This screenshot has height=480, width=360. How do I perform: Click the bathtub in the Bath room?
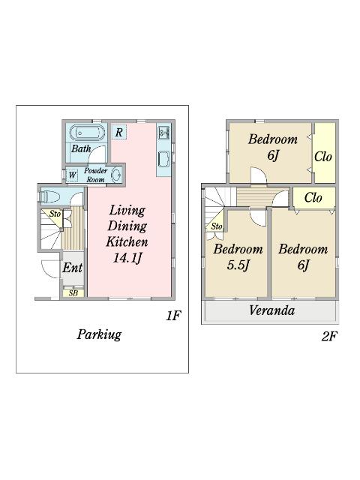point(88,133)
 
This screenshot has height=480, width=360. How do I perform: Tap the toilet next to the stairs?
point(49,196)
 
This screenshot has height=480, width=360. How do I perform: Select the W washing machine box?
point(72,175)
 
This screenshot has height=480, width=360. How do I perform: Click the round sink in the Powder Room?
point(116,175)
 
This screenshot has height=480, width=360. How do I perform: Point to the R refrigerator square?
point(118,132)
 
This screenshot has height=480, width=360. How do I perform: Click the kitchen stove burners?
point(164,132)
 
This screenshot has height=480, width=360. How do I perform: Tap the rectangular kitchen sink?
point(163,160)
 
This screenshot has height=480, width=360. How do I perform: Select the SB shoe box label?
point(73,293)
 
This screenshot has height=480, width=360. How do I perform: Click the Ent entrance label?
point(72,268)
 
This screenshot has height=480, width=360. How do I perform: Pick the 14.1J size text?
point(127,258)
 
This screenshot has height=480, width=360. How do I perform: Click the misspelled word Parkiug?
point(99,334)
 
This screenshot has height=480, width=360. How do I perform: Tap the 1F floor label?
point(173,315)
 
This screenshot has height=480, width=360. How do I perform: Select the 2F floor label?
point(329,337)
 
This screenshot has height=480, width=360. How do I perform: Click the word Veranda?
point(271,310)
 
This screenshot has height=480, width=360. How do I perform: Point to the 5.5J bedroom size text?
point(238,265)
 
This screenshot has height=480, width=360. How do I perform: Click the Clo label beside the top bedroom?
point(323,157)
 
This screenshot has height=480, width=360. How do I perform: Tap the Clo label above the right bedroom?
point(313,197)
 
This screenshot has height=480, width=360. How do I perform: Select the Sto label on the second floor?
point(217,226)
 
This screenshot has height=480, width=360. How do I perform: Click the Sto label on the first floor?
point(55,213)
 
